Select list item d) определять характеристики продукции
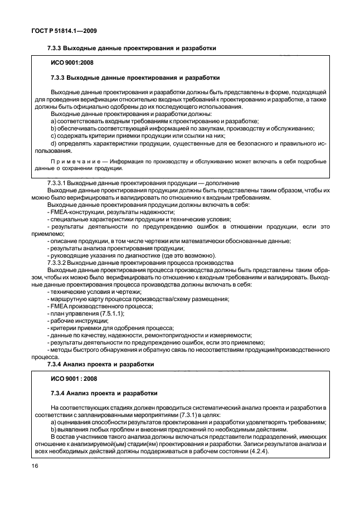[184, 143]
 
